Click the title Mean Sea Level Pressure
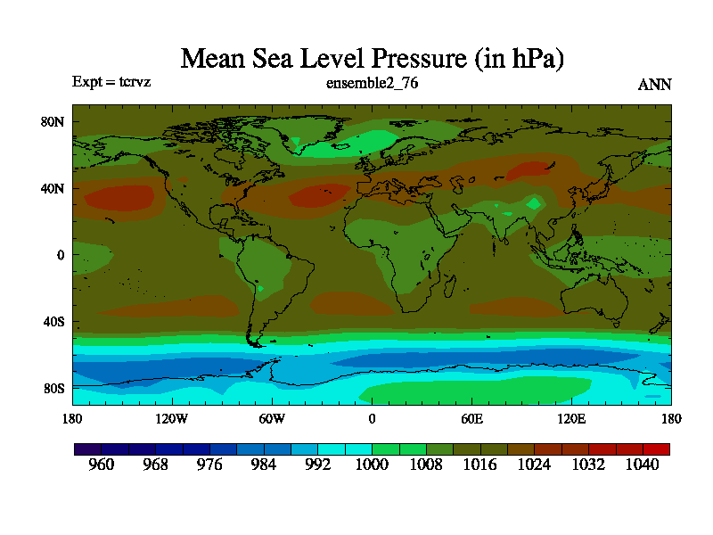tap(373, 59)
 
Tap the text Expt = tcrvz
tap(111, 82)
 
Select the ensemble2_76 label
tap(373, 84)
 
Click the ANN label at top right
tap(654, 85)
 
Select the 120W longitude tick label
tap(172, 417)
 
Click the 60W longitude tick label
tap(272, 417)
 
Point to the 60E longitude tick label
tap(471, 417)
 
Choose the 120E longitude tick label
tap(571, 417)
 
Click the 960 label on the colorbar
tap(102, 465)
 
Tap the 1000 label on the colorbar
tap(372, 465)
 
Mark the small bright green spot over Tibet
tap(534, 203)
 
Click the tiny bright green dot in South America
tap(260, 288)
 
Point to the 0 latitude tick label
tap(61, 255)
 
